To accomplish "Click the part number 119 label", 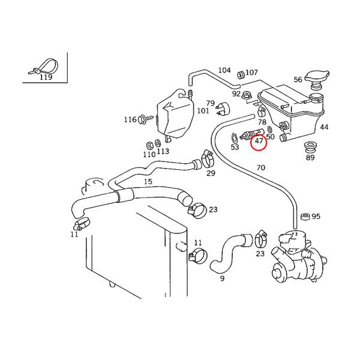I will [46, 77].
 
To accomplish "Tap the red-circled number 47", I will [259, 142].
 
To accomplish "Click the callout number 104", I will [224, 70].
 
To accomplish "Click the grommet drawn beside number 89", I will [310, 147].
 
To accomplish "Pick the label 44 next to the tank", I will [324, 127].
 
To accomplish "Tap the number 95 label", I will [316, 217].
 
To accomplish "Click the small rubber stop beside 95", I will [304, 216].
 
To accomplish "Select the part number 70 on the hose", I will [260, 168].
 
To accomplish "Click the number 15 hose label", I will [148, 181].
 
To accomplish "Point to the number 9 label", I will [221, 278].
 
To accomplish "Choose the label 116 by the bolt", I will [130, 120].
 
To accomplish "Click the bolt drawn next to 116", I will [143, 119].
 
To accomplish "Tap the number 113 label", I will [163, 152].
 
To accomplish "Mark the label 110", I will [149, 154].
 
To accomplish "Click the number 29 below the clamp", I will [211, 173].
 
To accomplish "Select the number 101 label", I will [203, 111].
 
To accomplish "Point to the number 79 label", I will [211, 103].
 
